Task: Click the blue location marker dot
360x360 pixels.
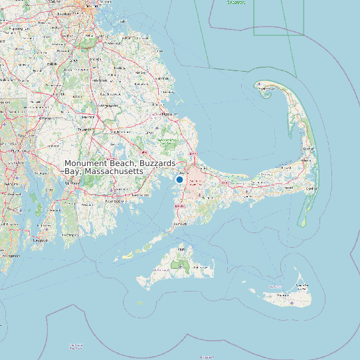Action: click(179, 179)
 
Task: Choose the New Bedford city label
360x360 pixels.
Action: click(115, 200)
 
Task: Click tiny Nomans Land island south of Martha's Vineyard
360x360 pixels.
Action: click(140, 302)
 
